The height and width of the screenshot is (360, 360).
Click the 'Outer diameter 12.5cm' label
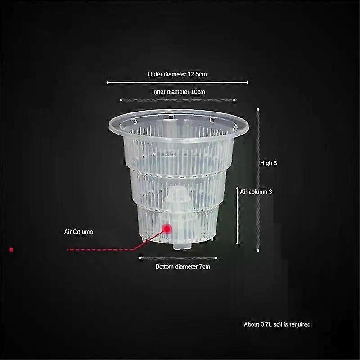177,74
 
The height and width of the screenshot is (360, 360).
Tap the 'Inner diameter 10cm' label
178,92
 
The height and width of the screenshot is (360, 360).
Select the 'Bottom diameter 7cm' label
183,266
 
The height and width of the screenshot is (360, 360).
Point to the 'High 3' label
268,163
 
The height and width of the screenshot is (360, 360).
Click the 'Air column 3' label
256,192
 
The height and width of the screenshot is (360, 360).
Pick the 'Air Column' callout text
78,232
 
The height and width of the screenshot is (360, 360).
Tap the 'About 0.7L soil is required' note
277,324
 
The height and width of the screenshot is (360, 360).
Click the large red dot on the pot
167,229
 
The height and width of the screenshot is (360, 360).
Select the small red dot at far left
11,250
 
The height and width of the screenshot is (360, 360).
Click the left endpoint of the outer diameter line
108,82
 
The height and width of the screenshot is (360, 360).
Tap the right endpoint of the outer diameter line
247,82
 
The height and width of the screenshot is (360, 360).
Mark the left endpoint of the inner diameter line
121,100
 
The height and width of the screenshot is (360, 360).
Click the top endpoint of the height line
258,109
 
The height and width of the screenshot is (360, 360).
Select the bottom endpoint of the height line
258,250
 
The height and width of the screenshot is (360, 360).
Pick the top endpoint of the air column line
238,188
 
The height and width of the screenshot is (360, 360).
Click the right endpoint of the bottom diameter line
216,258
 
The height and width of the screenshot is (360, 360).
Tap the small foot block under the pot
182,246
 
